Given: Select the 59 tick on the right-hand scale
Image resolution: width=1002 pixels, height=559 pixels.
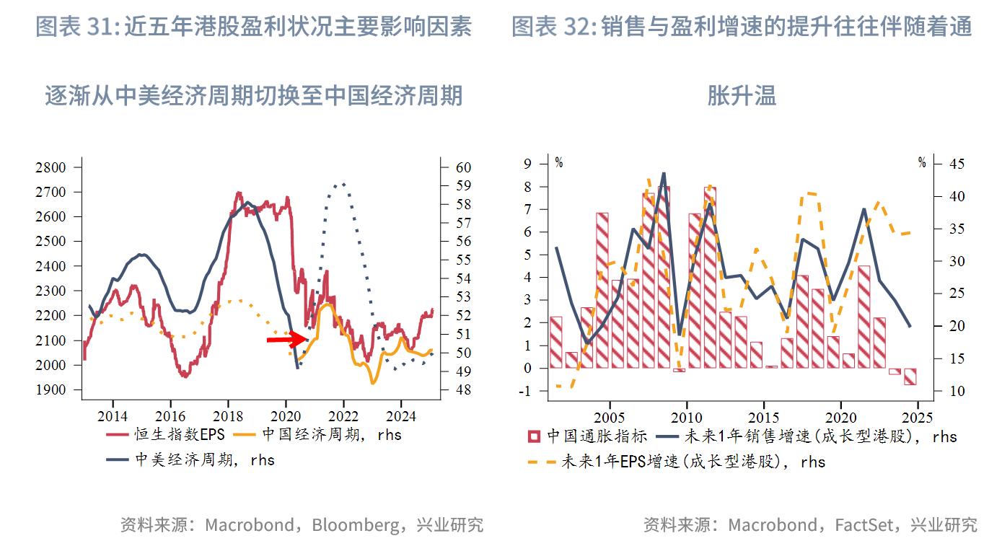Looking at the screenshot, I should tap(463, 186).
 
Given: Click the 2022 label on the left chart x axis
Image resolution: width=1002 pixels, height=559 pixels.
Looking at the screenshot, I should tap(343, 417).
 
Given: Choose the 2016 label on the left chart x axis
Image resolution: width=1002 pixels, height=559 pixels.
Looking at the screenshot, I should tap(170, 417).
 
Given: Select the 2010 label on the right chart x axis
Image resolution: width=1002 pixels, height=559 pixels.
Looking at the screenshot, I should tap(686, 418).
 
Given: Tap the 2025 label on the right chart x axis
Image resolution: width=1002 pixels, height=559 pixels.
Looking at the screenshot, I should tap(917, 418).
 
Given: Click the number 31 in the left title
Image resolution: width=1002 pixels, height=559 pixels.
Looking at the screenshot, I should tap(100, 27).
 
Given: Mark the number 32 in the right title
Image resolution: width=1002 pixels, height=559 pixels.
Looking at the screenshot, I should tap(577, 27).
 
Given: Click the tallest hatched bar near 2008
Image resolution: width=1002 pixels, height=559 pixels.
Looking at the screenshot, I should tap(663, 278).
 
